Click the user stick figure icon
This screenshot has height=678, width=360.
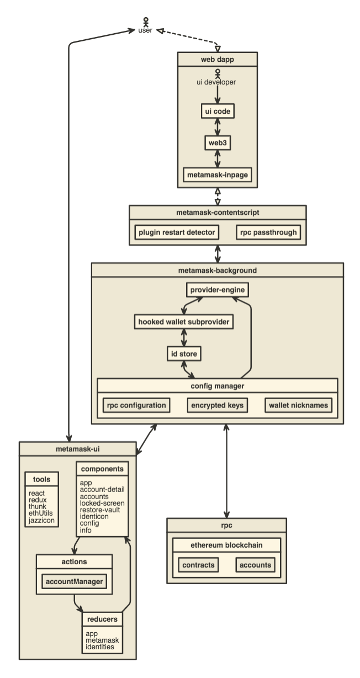pos(146,21)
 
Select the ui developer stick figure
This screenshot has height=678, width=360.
pos(218,72)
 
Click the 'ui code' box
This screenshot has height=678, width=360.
pos(217,111)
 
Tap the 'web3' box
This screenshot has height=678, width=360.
pos(217,142)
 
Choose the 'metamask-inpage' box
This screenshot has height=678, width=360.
pos(217,175)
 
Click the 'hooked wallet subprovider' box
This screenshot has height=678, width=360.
pos(182,321)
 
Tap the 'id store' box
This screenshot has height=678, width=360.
pos(183,353)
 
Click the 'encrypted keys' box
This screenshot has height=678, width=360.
pos(216,405)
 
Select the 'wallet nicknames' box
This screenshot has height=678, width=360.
pos(298,405)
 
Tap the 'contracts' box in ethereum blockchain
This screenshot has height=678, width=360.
pos(199,565)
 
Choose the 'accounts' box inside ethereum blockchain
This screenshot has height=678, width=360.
pos(255,565)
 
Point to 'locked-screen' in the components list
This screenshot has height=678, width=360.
pos(102,503)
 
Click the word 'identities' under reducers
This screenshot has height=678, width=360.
pos(100,646)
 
